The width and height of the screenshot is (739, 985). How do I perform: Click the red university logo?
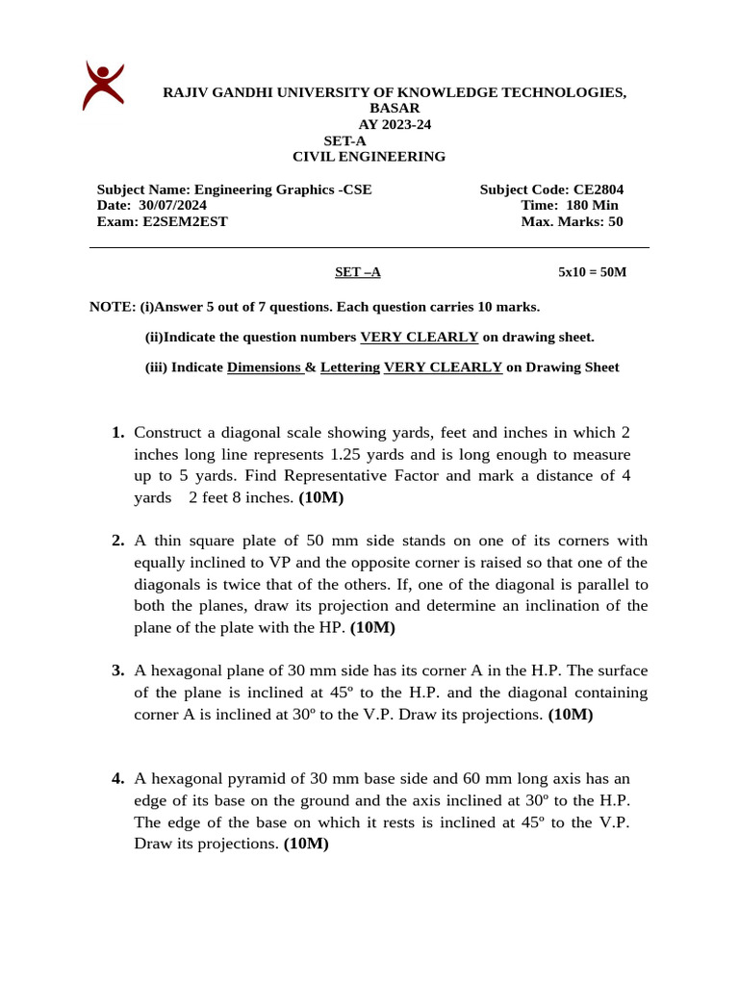(103, 85)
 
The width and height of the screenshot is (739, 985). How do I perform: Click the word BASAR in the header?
(395, 109)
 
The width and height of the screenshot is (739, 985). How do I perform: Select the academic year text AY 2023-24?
(395, 124)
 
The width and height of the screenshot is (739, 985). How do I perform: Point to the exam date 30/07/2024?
(172, 205)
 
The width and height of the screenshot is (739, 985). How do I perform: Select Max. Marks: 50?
(572, 221)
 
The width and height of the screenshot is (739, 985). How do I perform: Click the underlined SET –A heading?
(358, 272)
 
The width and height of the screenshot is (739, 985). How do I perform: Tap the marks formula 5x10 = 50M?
(592, 272)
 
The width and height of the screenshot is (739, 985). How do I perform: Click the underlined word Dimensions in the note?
(265, 367)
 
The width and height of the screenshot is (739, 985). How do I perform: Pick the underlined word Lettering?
(349, 367)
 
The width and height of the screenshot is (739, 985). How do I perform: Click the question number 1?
(117, 433)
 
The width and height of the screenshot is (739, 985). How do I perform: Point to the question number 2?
(117, 541)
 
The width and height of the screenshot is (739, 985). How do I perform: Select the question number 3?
(117, 670)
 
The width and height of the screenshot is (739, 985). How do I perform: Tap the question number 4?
(117, 778)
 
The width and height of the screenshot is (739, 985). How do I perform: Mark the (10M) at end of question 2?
(372, 628)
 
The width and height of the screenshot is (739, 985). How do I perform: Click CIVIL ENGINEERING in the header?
(369, 157)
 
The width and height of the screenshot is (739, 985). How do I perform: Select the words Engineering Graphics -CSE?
(283, 189)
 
